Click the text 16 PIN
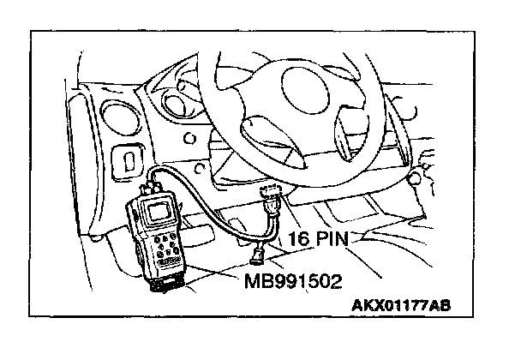coord(317,239)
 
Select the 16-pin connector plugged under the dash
coord(272,201)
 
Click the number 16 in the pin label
coord(298,239)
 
